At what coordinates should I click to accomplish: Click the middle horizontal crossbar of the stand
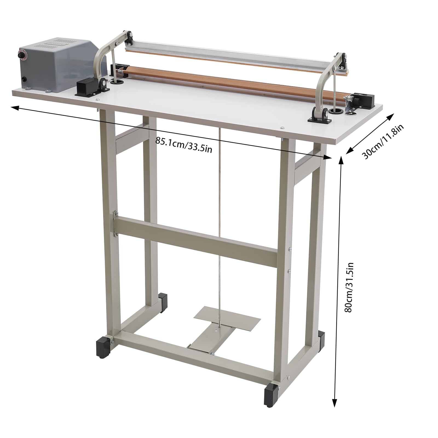[x=197, y=241]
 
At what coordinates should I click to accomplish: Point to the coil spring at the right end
[x=349, y=98]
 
